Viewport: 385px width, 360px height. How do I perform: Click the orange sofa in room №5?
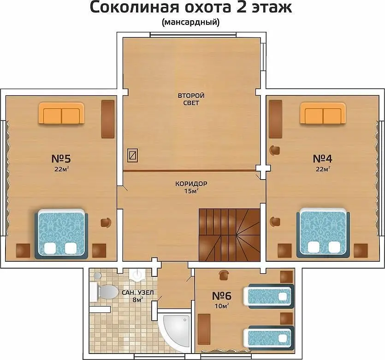[61, 113]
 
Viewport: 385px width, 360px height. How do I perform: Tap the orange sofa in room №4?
[323, 113]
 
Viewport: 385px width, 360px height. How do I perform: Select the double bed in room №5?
[61, 234]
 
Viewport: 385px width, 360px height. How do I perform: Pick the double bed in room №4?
[323, 233]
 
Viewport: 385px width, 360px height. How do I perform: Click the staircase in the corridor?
[229, 235]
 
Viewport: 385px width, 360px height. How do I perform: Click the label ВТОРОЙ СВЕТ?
[191, 99]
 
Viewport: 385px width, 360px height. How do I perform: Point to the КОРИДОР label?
[191, 184]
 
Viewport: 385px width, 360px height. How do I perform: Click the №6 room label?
[222, 296]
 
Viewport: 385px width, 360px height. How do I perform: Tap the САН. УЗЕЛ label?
[138, 293]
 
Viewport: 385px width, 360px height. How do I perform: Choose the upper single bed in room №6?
[269, 296]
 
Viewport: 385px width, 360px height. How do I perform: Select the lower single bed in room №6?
[269, 338]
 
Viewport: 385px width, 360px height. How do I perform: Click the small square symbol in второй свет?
[133, 155]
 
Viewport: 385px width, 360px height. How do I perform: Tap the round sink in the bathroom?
[138, 275]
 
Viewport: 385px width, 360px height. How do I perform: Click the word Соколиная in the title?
[134, 8]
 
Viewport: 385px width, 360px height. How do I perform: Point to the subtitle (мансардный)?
[191, 22]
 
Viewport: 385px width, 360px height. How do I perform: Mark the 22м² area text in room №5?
[61, 169]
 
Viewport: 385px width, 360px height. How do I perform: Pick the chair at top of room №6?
[224, 275]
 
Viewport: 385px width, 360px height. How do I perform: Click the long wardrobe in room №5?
[108, 119]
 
